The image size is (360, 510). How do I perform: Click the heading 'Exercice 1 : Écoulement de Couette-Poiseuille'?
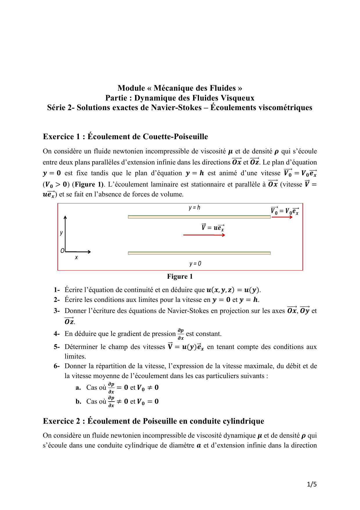pyautogui.click(x=125, y=137)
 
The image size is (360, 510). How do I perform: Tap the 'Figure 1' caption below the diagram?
pyautogui.click(x=180, y=276)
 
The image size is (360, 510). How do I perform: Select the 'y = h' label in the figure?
pyautogui.click(x=194, y=207)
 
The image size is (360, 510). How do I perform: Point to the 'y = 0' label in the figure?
pyautogui.click(x=195, y=264)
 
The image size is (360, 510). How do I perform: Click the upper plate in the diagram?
pyautogui.click(x=199, y=217)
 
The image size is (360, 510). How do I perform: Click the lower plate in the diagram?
pyautogui.click(x=199, y=253)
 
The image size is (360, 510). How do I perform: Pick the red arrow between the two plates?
pyautogui.click(x=204, y=235)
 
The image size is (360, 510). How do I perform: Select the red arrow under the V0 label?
pyautogui.click(x=282, y=217)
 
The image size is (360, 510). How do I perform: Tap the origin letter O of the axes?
pyautogui.click(x=62, y=251)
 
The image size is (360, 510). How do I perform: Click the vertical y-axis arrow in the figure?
pyautogui.click(x=65, y=232)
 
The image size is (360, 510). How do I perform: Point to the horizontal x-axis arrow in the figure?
pyautogui.click(x=78, y=252)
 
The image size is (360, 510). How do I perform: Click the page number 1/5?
pyautogui.click(x=312, y=484)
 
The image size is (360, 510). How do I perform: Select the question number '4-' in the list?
pyautogui.click(x=57, y=334)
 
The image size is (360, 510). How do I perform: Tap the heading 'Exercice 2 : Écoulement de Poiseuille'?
pyautogui.click(x=153, y=421)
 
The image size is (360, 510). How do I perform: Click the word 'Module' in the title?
pyautogui.click(x=131, y=88)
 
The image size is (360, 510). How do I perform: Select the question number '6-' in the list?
pyautogui.click(x=57, y=366)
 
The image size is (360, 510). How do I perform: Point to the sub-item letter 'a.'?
pyautogui.click(x=78, y=387)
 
